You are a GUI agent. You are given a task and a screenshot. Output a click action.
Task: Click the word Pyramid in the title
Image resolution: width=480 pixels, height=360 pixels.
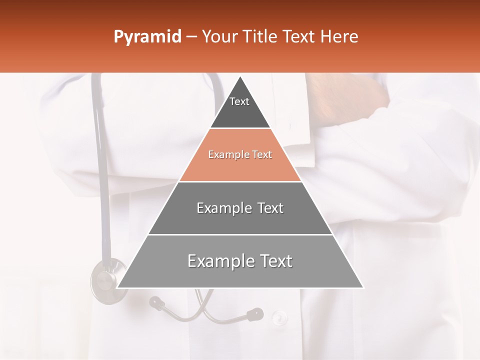147,37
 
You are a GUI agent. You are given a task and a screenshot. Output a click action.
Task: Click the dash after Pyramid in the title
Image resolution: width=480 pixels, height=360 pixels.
191,37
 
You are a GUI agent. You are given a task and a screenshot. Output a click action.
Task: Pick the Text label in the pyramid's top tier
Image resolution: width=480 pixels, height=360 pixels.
239,102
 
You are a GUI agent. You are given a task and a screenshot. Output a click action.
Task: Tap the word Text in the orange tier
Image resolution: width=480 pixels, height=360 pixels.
262,155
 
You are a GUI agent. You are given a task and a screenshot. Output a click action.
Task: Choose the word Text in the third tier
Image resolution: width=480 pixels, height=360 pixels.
270,208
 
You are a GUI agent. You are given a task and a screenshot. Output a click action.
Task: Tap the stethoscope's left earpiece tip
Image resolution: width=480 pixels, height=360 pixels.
156,302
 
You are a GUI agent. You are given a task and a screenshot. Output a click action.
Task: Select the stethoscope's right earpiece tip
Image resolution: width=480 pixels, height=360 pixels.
255,314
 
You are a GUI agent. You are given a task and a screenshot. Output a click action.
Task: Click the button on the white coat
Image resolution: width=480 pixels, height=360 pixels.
279,317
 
